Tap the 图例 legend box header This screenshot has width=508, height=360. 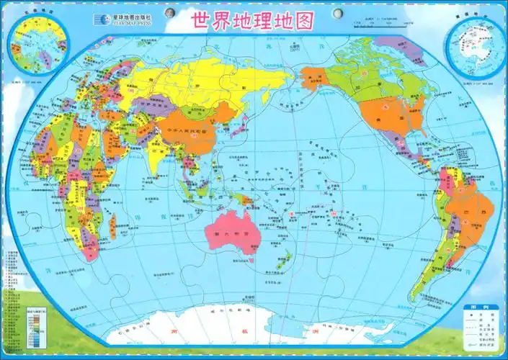(480, 307)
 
